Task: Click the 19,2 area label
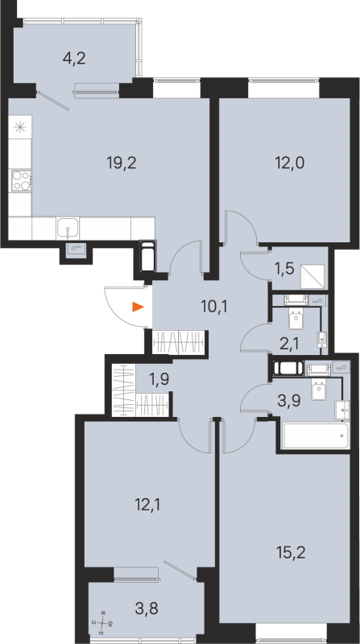[x=121, y=161]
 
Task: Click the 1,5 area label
[x=283, y=268]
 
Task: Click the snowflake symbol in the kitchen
[x=19, y=126]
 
